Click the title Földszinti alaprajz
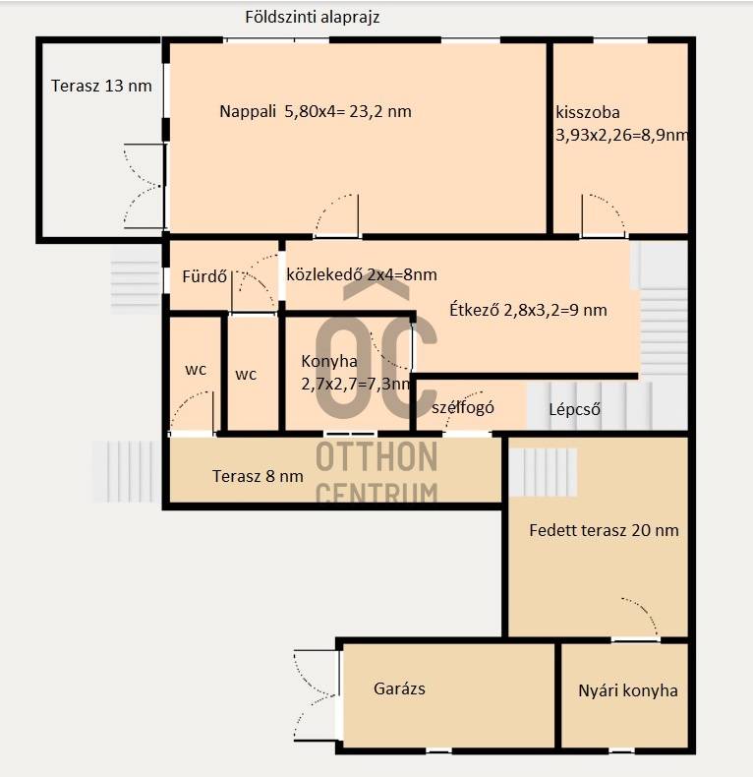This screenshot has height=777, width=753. [x=312, y=18]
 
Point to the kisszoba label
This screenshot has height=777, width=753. [x=588, y=112]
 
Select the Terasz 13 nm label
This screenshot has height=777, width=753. [x=101, y=86]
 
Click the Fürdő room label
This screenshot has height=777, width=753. [x=204, y=276]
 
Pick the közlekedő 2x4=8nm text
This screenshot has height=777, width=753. [x=362, y=274]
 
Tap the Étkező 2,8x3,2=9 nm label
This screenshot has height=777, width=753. [x=528, y=310]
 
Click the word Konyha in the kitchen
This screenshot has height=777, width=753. [x=329, y=361]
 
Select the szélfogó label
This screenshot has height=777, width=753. [x=463, y=407]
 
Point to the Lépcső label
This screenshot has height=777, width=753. [x=575, y=409]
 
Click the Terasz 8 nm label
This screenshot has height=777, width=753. [x=258, y=476]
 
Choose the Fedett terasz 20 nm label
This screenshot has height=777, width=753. [x=604, y=530]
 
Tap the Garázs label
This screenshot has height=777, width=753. [x=399, y=688]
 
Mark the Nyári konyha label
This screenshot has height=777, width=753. [x=628, y=690]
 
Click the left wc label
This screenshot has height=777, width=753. [x=196, y=370]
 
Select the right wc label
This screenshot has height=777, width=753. [x=246, y=375]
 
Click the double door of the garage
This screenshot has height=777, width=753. [x=317, y=695]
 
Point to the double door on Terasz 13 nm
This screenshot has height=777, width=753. [x=144, y=186]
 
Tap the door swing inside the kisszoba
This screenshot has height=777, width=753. [x=603, y=214]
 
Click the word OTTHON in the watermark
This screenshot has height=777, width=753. [x=376, y=456]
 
